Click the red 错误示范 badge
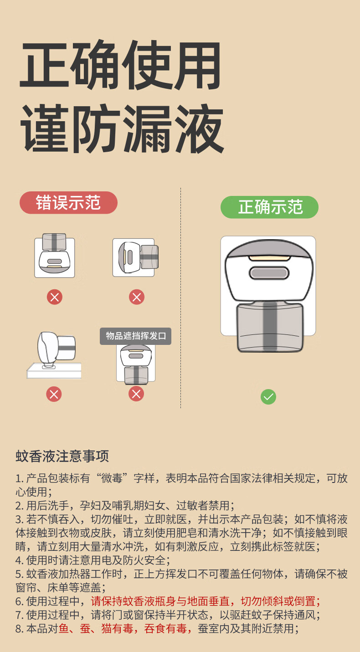(x=68, y=203)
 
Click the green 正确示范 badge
(x=269, y=207)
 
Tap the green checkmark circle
(x=268, y=397)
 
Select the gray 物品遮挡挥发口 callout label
(x=136, y=336)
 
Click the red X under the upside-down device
(x=55, y=297)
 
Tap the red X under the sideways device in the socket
(x=137, y=297)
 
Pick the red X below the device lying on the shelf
(x=54, y=395)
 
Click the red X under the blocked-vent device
(x=136, y=394)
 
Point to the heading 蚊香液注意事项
(x=62, y=456)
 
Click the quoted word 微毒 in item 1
(x=112, y=478)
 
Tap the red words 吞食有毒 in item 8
(x=165, y=629)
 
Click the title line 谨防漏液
(x=122, y=128)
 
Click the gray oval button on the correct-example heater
(x=269, y=273)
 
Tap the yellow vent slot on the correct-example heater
(x=269, y=258)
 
